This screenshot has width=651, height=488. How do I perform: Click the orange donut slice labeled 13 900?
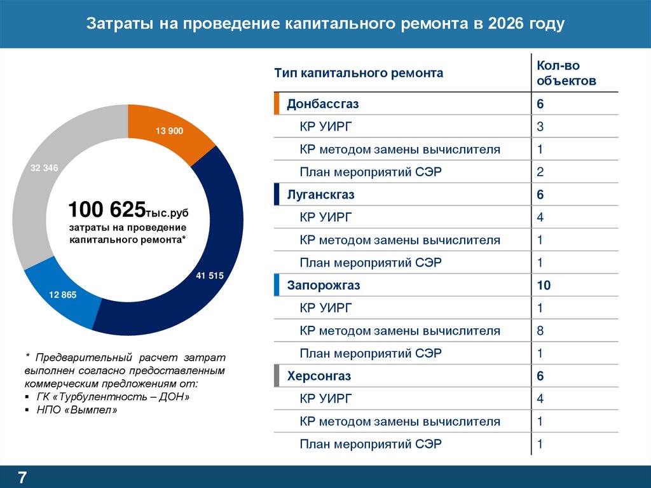(169, 131)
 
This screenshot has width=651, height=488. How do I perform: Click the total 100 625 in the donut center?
(106, 209)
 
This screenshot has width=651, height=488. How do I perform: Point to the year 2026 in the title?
(507, 24)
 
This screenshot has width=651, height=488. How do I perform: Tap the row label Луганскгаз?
(320, 195)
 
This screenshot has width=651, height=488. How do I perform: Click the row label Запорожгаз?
(324, 286)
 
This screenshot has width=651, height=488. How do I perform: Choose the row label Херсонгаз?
(319, 376)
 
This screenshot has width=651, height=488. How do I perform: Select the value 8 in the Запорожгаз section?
(540, 331)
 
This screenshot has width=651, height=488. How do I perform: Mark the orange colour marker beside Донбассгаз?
(277, 104)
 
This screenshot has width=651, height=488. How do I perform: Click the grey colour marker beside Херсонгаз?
(277, 376)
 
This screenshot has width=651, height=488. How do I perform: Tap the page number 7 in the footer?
(22, 477)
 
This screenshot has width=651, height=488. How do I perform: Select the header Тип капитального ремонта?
(359, 73)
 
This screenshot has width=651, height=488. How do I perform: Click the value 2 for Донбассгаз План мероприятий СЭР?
(540, 172)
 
